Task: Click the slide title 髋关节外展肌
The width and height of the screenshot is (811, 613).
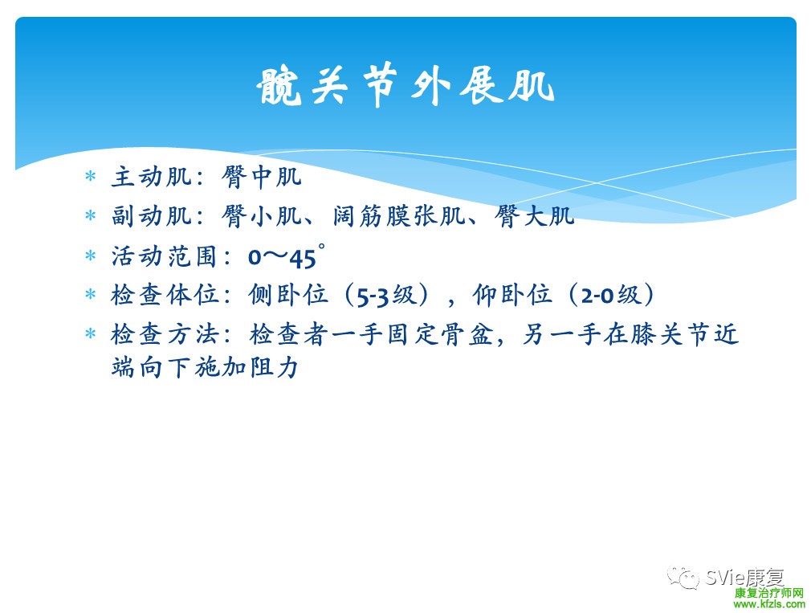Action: point(405,86)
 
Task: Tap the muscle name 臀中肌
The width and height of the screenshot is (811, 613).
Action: point(262,177)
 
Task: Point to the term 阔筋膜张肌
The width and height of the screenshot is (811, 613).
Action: point(399,215)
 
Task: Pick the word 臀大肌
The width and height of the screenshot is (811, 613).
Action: point(534,215)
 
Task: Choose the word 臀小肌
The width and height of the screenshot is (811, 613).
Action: point(262,215)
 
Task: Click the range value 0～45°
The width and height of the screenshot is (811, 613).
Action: point(287,256)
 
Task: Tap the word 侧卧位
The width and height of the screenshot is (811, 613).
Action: point(288,295)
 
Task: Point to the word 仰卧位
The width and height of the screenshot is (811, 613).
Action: point(512,295)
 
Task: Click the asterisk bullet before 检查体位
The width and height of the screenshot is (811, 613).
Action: point(91,295)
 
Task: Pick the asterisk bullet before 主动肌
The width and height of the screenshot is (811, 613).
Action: point(91,177)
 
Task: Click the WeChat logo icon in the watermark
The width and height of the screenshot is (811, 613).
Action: point(683,577)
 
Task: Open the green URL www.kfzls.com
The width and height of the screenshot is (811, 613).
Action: point(769,604)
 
